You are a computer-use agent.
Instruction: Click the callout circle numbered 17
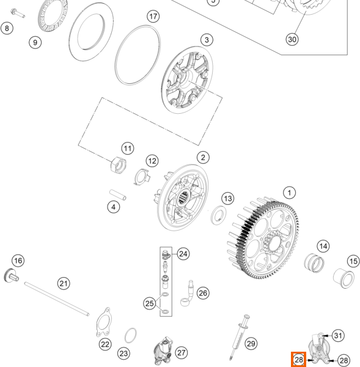point(153,17)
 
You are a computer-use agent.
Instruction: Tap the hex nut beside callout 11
point(118,165)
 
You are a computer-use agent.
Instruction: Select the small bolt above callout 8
point(18,13)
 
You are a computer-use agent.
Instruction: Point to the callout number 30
point(292,39)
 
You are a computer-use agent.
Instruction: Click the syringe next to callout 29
point(240,337)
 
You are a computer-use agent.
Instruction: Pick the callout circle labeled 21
point(64,284)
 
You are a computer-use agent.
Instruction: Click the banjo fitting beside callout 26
point(188,294)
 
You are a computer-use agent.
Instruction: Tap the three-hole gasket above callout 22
point(104,322)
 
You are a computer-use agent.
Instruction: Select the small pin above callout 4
point(118,195)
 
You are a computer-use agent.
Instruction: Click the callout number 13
point(227,198)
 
